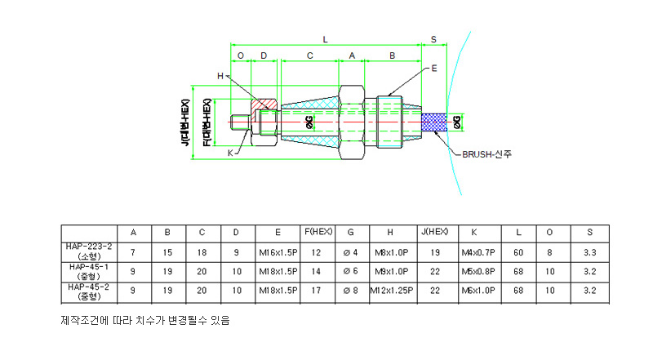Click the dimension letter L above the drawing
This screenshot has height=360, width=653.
point(325,38)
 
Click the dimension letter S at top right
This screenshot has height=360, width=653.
point(433,38)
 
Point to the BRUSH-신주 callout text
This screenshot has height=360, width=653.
point(488,153)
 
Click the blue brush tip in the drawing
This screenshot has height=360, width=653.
point(433,122)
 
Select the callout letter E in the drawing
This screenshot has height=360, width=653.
point(433,69)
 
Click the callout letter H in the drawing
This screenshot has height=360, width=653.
point(220,76)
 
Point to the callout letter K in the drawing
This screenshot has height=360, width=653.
point(230,153)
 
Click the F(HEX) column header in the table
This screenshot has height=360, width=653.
point(317,232)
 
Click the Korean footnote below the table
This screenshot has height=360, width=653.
point(145,321)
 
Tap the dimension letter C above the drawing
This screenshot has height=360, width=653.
point(309,56)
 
